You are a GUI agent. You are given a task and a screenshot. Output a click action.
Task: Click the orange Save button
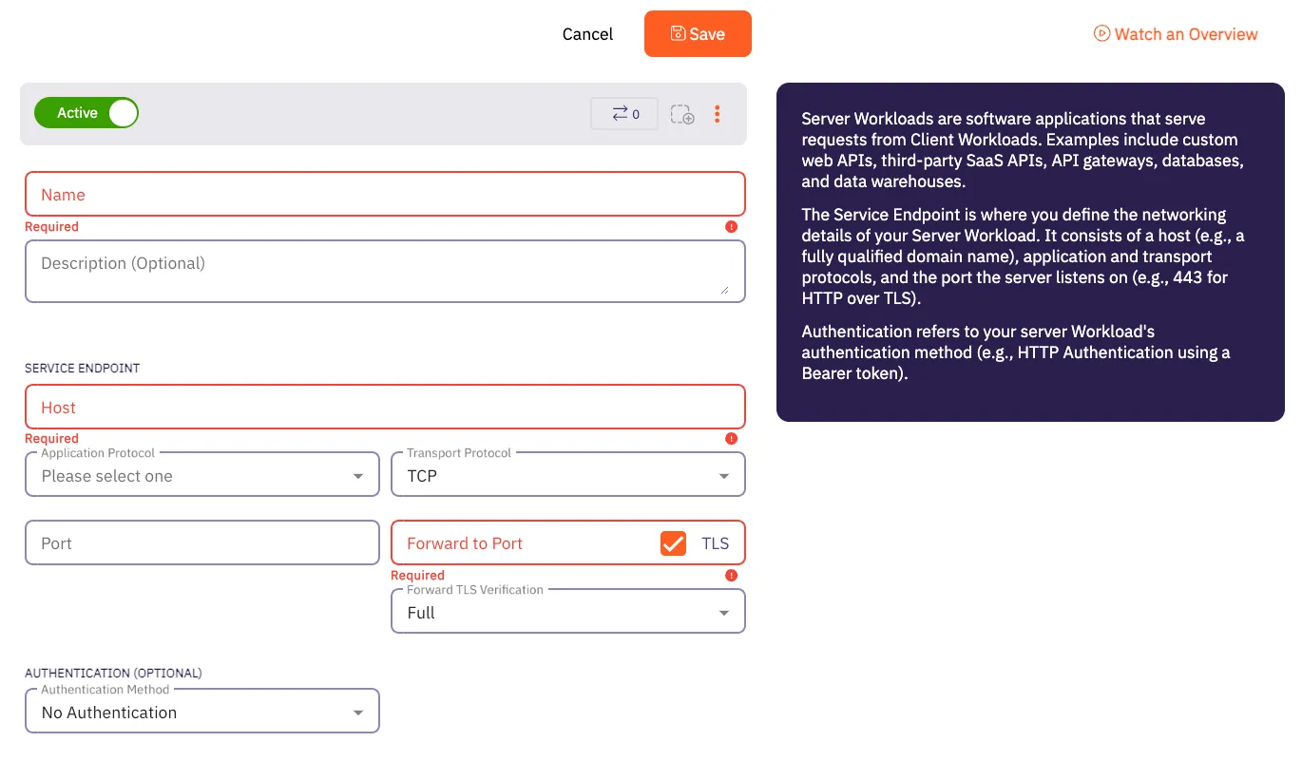(698, 34)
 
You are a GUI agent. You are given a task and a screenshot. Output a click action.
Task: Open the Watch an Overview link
(1176, 34)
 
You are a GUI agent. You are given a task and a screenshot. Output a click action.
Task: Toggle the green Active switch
(86, 113)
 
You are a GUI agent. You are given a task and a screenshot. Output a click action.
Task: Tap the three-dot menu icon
(717, 114)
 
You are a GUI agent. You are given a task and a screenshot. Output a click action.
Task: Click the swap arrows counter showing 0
(624, 114)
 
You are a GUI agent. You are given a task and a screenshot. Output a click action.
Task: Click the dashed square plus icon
(681, 114)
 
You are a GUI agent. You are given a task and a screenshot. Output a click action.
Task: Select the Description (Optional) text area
(385, 271)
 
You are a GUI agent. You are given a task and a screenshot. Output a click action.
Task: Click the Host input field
(385, 408)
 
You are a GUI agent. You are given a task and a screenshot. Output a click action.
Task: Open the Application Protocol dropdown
(202, 475)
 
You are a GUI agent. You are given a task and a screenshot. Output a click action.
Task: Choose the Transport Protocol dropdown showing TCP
(567, 475)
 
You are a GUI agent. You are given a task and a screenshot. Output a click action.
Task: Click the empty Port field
(202, 543)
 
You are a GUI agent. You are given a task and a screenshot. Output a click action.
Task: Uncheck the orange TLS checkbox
(673, 543)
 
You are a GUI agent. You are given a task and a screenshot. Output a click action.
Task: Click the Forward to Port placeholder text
(465, 543)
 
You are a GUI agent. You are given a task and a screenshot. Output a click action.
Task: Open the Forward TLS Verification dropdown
(567, 613)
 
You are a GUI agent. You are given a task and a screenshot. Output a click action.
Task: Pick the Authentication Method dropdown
(202, 712)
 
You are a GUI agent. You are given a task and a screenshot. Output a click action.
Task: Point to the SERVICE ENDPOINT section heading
(83, 368)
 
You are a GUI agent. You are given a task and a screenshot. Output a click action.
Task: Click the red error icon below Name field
(731, 227)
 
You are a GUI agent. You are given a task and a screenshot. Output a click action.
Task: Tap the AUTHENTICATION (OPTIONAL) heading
(113, 673)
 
